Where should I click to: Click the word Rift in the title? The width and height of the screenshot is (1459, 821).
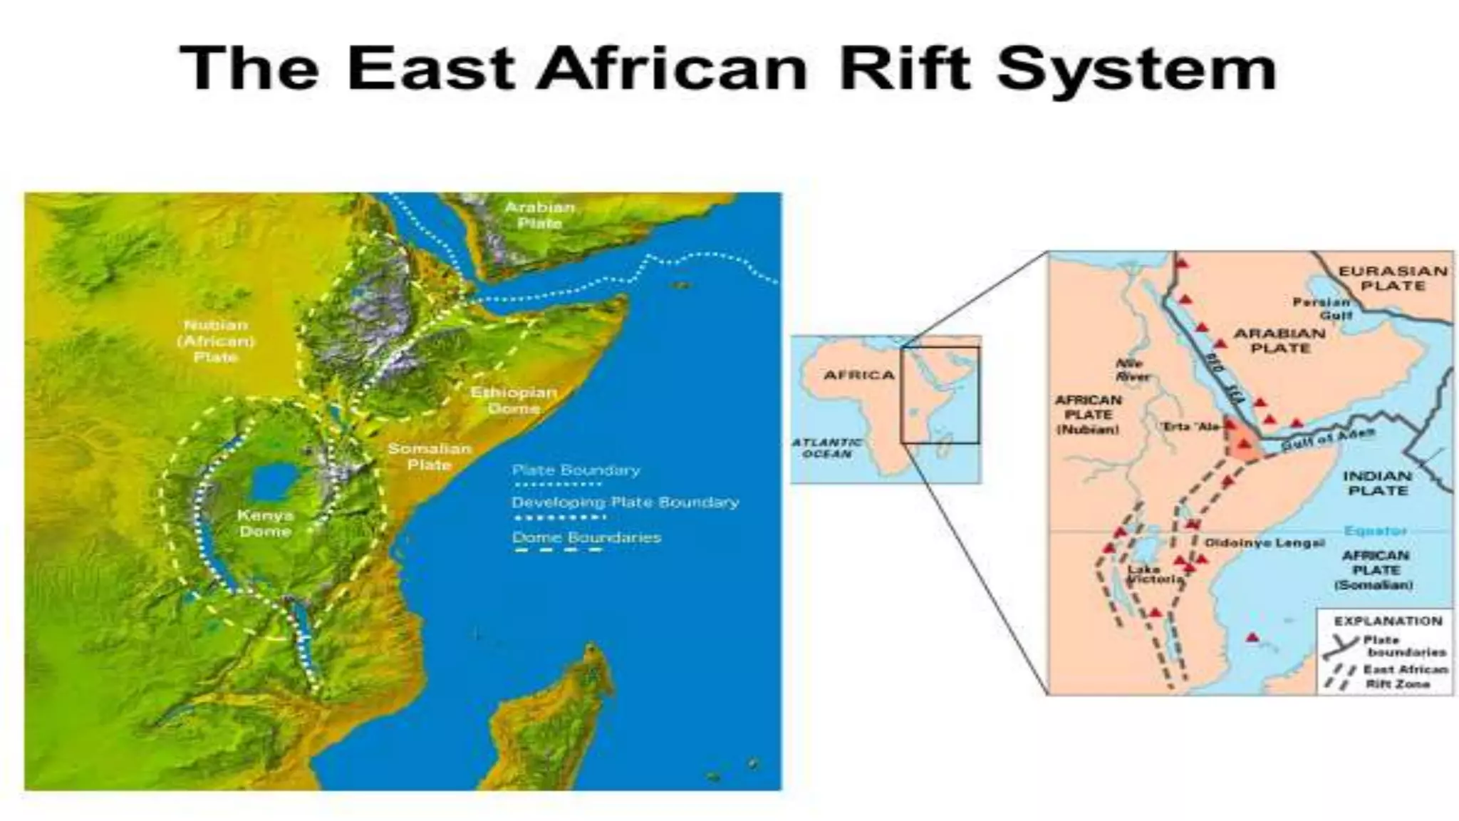pos(904,68)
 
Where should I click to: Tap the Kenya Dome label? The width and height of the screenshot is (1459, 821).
pos(265,523)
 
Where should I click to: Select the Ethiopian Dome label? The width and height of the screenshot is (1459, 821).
pos(514,401)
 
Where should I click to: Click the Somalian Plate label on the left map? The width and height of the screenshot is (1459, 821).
pos(429,457)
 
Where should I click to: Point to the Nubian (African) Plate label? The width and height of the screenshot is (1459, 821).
pos(215,341)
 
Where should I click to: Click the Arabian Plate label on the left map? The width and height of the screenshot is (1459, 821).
pos(539,215)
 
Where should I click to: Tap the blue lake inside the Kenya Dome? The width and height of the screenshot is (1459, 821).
pos(274,482)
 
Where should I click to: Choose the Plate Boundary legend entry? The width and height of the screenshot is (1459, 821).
pos(576,470)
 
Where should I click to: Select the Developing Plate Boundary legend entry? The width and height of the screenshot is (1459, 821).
pos(625,502)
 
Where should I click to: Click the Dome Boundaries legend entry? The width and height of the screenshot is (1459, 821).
pos(586,537)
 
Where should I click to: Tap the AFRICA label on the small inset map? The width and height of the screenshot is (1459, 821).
pos(858,375)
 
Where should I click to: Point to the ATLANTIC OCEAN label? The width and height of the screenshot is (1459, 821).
pos(826,448)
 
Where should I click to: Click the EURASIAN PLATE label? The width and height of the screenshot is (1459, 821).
pos(1392,278)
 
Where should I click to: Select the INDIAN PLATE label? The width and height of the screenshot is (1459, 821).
pos(1377,483)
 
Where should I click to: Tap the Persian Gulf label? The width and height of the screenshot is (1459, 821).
pos(1322,309)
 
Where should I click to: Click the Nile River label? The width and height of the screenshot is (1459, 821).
pos(1131,369)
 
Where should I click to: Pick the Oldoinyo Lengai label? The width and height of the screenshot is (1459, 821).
pos(1264,543)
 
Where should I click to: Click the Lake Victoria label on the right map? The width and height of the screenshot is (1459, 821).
pos(1153,574)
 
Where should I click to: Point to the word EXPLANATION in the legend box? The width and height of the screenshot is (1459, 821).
pos(1388,621)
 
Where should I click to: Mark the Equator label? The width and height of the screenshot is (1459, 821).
pos(1375,531)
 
